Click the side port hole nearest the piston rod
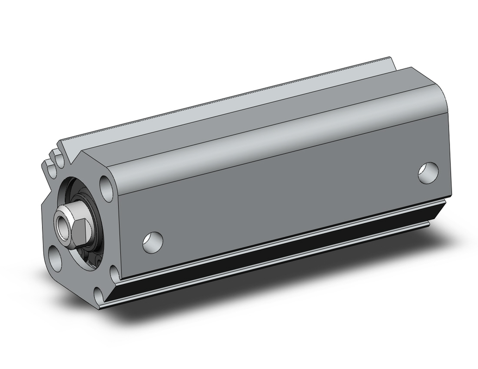[152, 241]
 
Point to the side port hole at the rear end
[428, 173]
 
